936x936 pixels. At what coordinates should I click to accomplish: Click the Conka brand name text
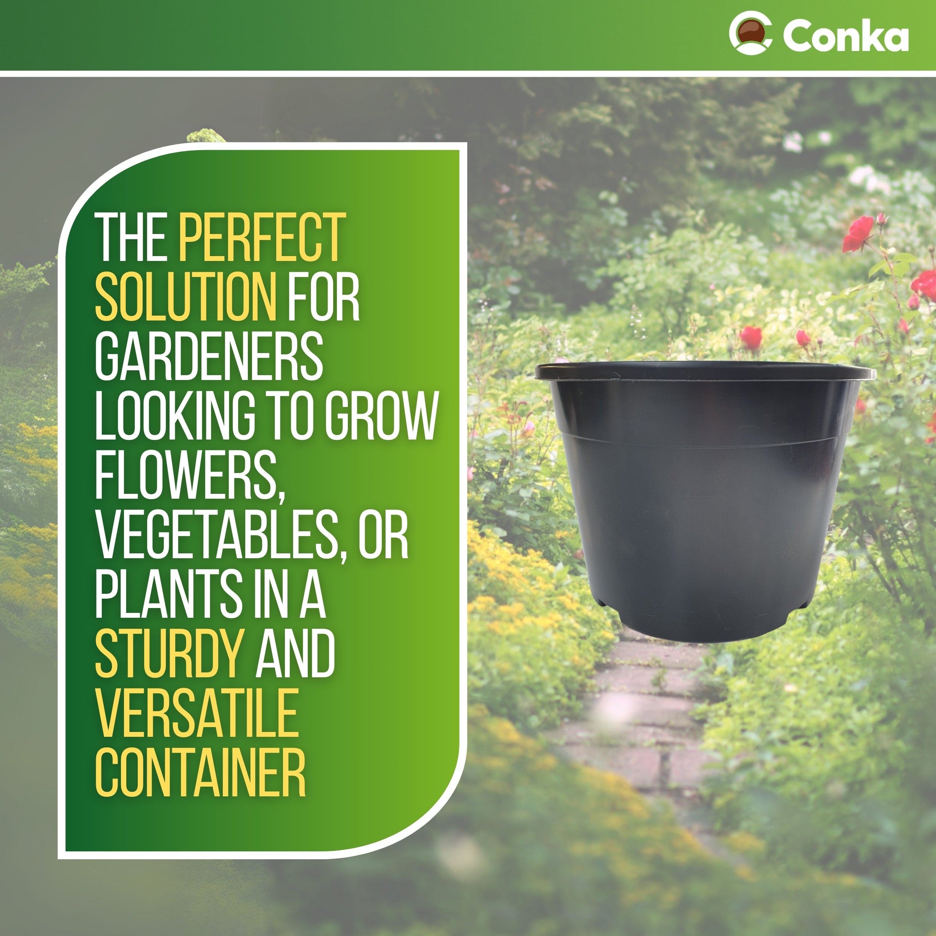point(845,36)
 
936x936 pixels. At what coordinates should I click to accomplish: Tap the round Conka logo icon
point(750,33)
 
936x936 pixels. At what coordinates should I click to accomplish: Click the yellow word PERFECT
point(262,237)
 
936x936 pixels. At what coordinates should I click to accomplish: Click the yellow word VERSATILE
point(197,715)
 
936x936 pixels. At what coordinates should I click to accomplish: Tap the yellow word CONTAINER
point(200,774)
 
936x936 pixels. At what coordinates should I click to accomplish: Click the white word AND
point(295,655)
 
